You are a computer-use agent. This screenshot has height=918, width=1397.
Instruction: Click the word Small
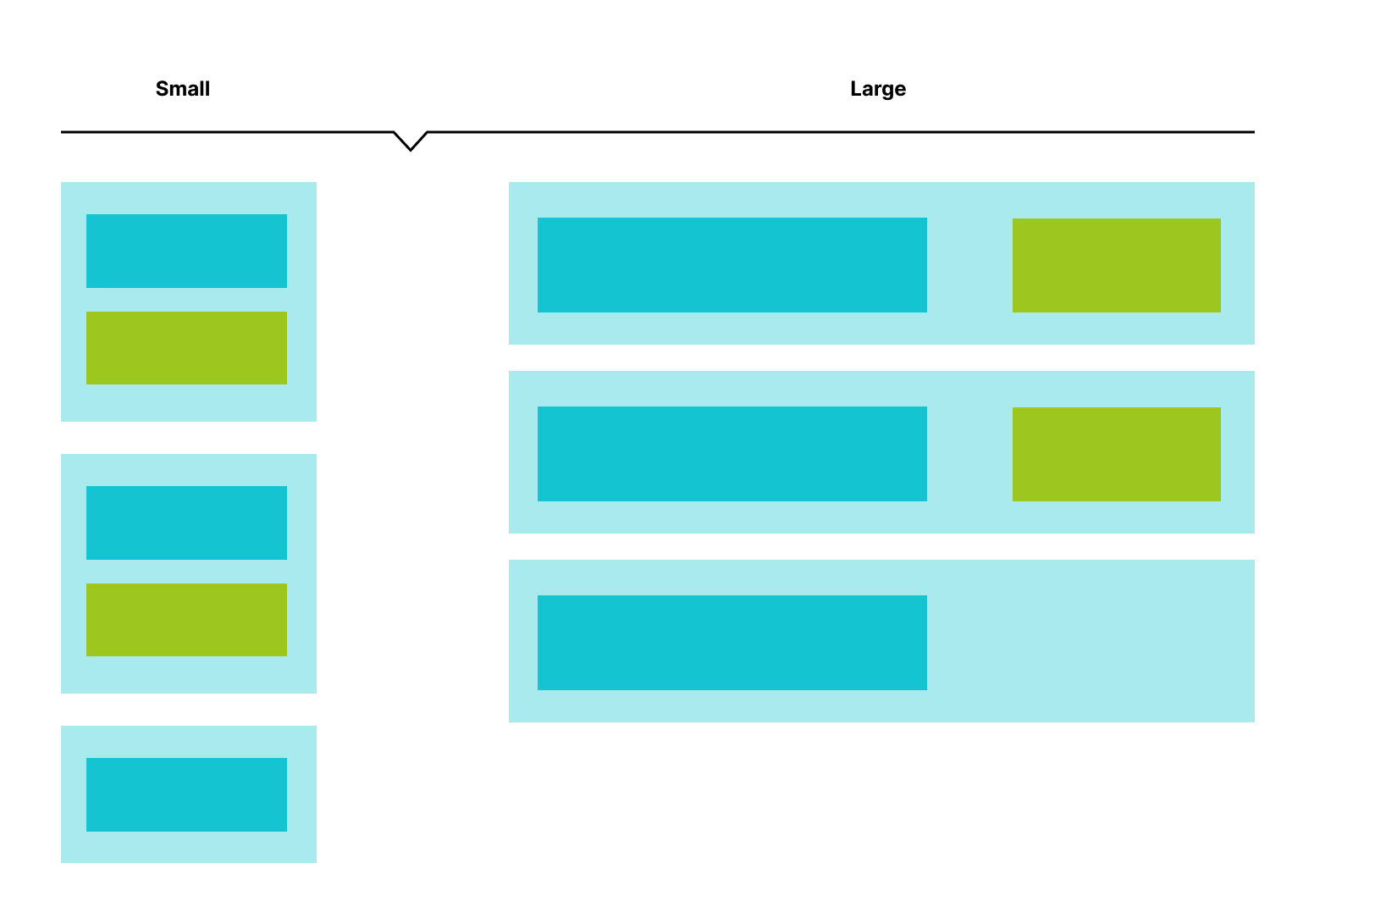[182, 89]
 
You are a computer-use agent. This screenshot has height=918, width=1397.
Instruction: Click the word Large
[877, 89]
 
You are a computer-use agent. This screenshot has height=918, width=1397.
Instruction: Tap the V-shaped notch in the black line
[411, 142]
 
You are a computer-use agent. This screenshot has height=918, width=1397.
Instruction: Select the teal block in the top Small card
[186, 251]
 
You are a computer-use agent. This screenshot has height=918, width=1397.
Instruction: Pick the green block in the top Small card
[186, 348]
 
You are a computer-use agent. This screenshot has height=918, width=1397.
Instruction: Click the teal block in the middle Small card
[186, 523]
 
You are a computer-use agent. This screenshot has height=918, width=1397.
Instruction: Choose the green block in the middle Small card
[186, 620]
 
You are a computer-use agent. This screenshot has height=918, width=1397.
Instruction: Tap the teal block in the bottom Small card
[186, 794]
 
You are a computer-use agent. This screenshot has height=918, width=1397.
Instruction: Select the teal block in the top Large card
[732, 265]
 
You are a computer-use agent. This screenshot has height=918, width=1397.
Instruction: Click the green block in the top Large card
[1116, 265]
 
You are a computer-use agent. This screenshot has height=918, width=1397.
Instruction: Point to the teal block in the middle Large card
[732, 454]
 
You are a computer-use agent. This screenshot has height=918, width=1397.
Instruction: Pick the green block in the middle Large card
[1116, 454]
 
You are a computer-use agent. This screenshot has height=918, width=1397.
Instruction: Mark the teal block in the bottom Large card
[732, 643]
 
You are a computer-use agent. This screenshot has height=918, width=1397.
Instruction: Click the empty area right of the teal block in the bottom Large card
[1091, 643]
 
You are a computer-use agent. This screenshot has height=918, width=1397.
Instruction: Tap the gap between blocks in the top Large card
[969, 265]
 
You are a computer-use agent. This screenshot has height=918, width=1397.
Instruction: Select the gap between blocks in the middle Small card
[186, 572]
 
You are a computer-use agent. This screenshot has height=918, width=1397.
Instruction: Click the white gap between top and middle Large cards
[881, 357]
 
